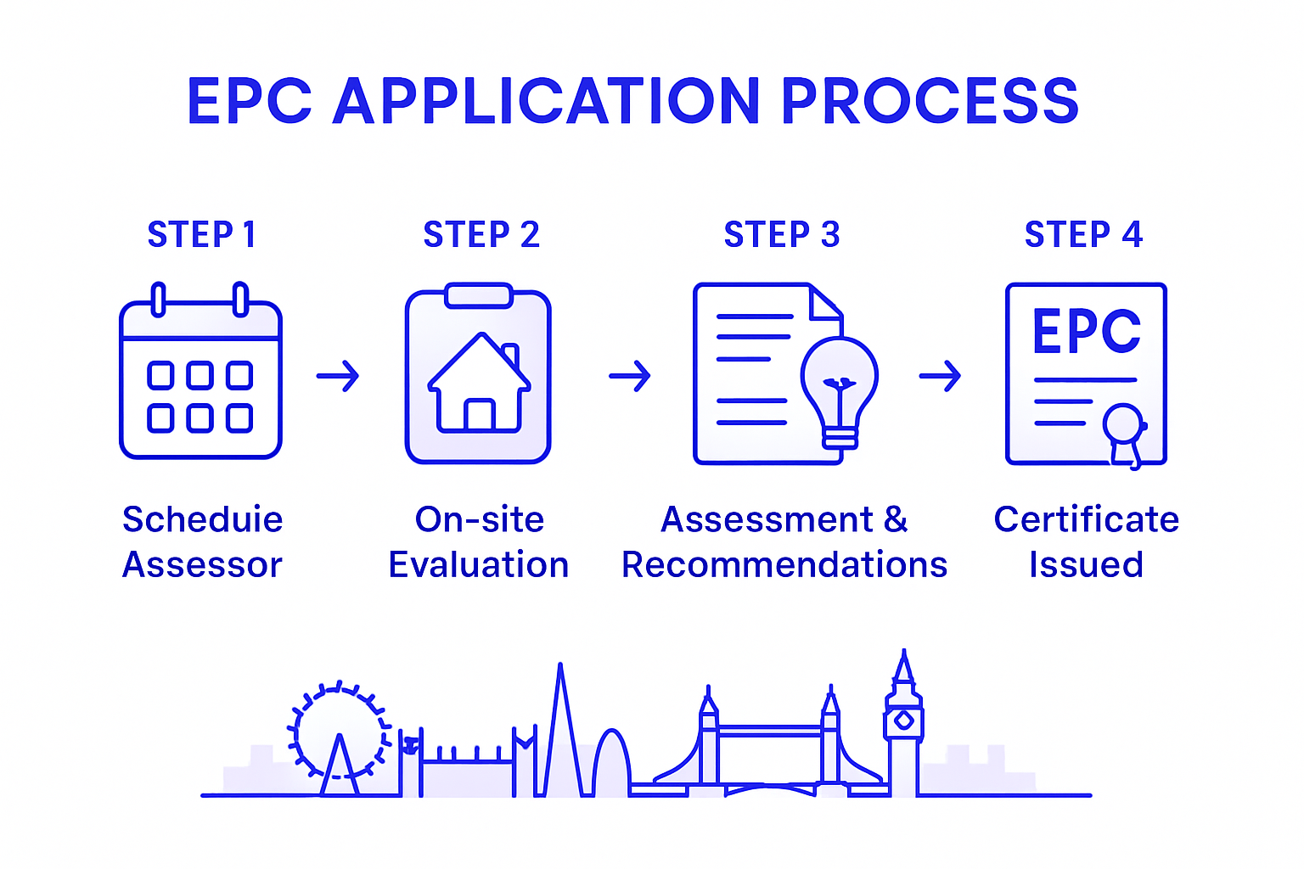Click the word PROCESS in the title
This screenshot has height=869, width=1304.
pyautogui.click(x=930, y=102)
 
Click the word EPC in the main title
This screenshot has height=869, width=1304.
pyautogui.click(x=250, y=102)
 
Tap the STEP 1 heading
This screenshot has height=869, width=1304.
pyautogui.click(x=201, y=235)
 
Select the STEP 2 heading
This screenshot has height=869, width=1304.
pyautogui.click(x=481, y=235)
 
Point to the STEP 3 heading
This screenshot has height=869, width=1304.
pyautogui.click(x=782, y=235)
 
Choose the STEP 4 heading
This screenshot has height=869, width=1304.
pyautogui.click(x=1083, y=235)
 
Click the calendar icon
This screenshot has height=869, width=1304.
pyautogui.click(x=200, y=373)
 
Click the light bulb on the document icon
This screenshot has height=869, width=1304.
pyautogui.click(x=840, y=386)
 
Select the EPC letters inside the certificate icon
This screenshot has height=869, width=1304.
pyautogui.click(x=1086, y=331)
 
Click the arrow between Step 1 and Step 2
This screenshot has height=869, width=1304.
pyautogui.click(x=338, y=375)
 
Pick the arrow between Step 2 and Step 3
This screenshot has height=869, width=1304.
pyautogui.click(x=630, y=375)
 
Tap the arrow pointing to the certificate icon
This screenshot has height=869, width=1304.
pyautogui.click(x=940, y=375)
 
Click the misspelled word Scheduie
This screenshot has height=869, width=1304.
pyautogui.click(x=202, y=519)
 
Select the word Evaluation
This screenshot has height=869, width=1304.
pyautogui.click(x=478, y=565)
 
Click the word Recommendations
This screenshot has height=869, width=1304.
pyautogui.click(x=784, y=565)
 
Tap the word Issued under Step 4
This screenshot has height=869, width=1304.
pyautogui.click(x=1086, y=565)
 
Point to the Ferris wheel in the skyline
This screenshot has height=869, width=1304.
pyautogui.click(x=339, y=730)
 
